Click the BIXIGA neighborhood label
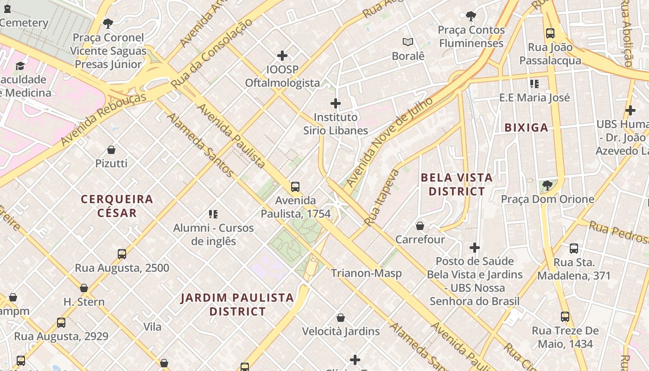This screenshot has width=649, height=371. click(526, 128)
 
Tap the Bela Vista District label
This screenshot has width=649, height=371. click(457, 185)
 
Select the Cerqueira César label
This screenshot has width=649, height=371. click(117, 206)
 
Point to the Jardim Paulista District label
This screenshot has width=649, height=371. click(237, 304)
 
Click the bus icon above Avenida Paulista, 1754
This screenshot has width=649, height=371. click(295, 187)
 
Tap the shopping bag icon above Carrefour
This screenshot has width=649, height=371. click(420, 226)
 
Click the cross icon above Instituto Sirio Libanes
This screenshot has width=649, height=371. click(336, 103)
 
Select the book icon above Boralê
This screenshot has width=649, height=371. click(408, 42)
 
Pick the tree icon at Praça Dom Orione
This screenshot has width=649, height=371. click(547, 185)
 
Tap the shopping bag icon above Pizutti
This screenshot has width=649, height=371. click(111, 150)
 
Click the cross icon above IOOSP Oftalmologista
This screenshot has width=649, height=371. click(282, 56)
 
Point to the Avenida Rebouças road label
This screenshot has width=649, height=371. click(103, 119)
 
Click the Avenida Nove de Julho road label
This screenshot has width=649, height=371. click(389, 142)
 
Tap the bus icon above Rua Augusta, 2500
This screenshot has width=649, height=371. click(122, 254)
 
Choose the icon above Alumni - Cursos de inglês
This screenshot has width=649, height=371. click(213, 214)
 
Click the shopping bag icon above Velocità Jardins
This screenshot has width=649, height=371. click(341, 318)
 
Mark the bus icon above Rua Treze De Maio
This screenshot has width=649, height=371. click(565, 317)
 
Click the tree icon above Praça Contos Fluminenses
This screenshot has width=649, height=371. click(471, 16)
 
